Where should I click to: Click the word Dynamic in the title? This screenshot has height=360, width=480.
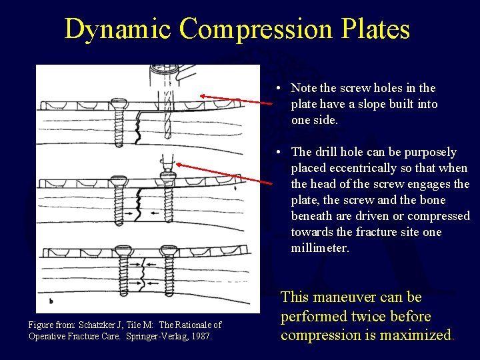tap(118, 29)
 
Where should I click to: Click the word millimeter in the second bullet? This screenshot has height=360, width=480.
tap(319, 248)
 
